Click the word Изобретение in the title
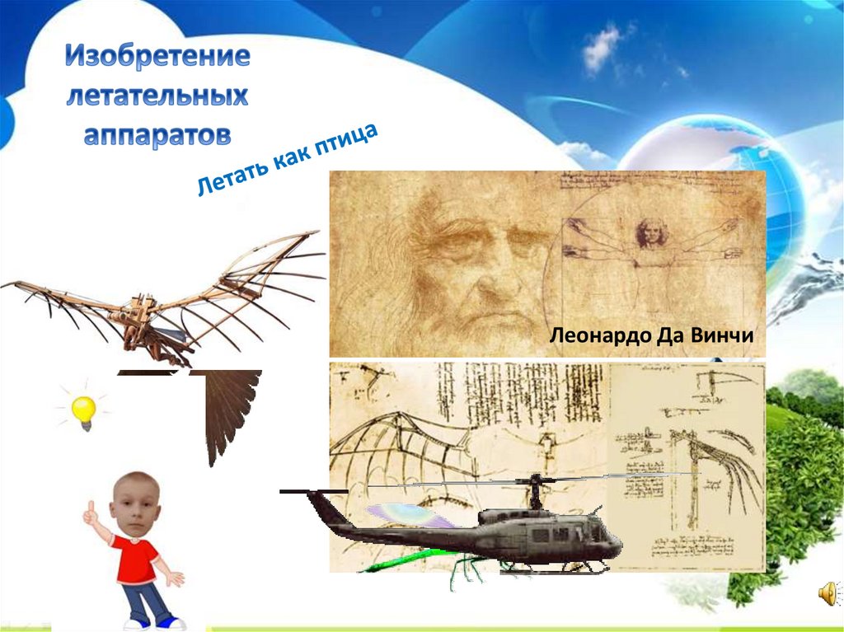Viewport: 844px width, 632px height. [157, 59]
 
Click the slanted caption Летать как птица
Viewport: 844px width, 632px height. [287, 160]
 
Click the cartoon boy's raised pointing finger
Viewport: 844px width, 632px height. [90, 508]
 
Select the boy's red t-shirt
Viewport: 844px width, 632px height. [137, 560]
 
